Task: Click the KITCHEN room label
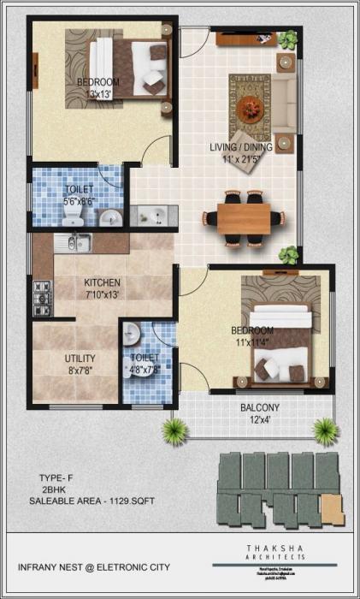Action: (x=102, y=282)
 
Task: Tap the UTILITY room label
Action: (x=80, y=359)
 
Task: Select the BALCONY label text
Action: (x=265, y=407)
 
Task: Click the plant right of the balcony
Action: (x=324, y=428)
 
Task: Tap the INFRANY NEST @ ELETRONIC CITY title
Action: (x=94, y=567)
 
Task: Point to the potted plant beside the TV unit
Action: (x=289, y=39)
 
